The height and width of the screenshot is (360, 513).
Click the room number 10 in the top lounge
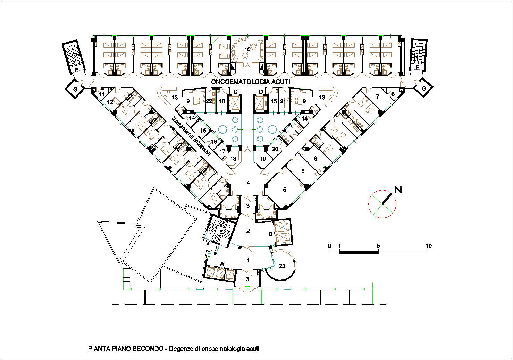247,49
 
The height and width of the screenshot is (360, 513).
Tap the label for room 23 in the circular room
282,266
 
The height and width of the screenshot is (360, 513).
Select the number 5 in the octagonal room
284,190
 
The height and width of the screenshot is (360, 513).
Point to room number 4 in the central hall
248,183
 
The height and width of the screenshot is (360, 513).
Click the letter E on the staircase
221,232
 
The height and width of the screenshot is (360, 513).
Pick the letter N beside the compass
398,190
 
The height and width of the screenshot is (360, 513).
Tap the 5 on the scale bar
378,246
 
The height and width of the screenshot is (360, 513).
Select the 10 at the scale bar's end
429,246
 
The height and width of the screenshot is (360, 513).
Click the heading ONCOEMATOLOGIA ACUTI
251,82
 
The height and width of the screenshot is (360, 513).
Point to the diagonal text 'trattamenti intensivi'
191,136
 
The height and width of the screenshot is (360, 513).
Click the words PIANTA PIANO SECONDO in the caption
126,349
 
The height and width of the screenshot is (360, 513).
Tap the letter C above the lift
235,92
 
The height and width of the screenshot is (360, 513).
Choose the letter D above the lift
261,92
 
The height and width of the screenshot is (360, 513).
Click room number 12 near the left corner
110,102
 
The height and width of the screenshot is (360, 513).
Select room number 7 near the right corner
377,97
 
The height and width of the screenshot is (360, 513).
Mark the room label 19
263,159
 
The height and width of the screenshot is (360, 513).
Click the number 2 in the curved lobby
248,231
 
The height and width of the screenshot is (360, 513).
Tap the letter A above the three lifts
222,264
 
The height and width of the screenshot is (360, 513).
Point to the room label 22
209,101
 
